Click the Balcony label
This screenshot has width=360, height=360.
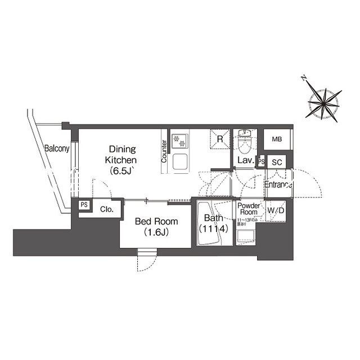click(x=57, y=149)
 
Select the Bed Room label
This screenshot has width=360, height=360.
click(x=154, y=226)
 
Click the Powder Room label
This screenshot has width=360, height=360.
click(x=249, y=210)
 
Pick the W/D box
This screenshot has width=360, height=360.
click(x=276, y=211)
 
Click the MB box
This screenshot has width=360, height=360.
click(x=277, y=139)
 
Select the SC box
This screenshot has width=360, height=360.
click(x=276, y=162)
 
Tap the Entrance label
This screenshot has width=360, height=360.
click(x=278, y=185)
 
